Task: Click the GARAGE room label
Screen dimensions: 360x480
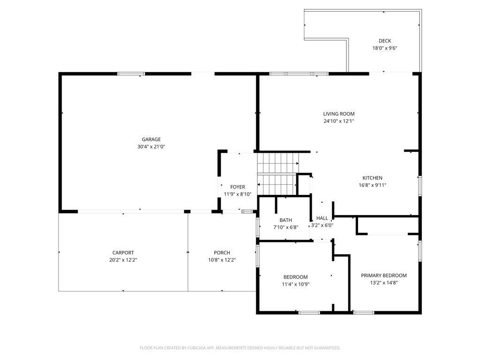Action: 151,139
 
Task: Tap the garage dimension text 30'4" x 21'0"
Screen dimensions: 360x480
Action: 151,147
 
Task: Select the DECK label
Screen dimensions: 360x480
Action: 385,41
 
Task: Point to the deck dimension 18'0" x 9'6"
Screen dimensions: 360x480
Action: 385,48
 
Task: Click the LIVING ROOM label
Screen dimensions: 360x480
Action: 338,114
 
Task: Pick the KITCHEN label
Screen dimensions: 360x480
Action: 372,178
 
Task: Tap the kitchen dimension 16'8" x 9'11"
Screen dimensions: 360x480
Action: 372,185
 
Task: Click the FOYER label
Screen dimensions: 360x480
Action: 237,187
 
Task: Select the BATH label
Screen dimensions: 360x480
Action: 285,220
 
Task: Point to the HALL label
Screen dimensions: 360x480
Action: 322,218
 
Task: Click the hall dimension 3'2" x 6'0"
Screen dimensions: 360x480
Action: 322,225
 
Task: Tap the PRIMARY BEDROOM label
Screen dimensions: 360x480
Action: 383,276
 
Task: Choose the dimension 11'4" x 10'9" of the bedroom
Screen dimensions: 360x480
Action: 295,284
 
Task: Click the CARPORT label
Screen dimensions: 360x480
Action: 123,253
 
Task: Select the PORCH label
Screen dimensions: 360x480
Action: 222,253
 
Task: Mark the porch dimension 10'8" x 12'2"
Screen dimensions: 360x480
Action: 222,260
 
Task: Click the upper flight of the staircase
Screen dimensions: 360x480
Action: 277,163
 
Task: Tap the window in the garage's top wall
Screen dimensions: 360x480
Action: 131,74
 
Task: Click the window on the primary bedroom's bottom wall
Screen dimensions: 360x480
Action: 363,312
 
